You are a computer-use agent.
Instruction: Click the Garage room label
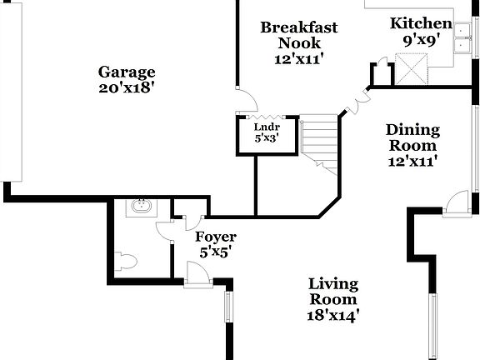pos(127,72)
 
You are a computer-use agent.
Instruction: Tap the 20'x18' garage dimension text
pos(127,86)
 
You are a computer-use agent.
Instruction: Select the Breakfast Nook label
pos(299,35)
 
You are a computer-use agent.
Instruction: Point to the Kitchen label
pos(422,24)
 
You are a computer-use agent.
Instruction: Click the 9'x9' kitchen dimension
pos(422,38)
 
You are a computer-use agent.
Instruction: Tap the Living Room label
pos(333,292)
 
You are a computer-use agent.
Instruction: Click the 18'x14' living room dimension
pos(333,315)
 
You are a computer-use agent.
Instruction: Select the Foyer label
pos(216,237)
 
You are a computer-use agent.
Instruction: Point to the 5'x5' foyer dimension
pos(216,251)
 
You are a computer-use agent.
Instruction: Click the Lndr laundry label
pos(267,127)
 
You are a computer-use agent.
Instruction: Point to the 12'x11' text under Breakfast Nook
pos(299,58)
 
